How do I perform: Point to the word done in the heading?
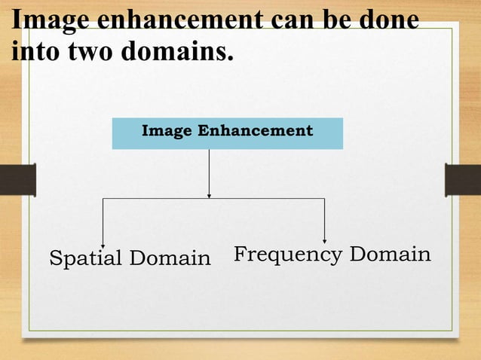click(388, 20)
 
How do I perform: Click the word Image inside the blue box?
click(167, 130)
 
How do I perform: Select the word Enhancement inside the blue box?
click(255, 130)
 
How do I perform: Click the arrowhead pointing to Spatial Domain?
click(103, 240)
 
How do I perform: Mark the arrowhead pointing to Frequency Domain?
click(324, 240)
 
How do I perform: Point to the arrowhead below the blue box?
click(209, 195)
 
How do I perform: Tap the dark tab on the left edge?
click(17, 180)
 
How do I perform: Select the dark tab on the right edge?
click(463, 180)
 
